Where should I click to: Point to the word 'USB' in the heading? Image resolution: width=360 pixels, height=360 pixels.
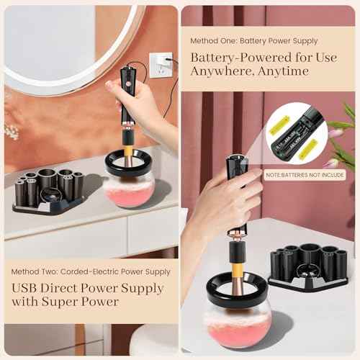24,289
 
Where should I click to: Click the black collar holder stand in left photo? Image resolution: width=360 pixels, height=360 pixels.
49,191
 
